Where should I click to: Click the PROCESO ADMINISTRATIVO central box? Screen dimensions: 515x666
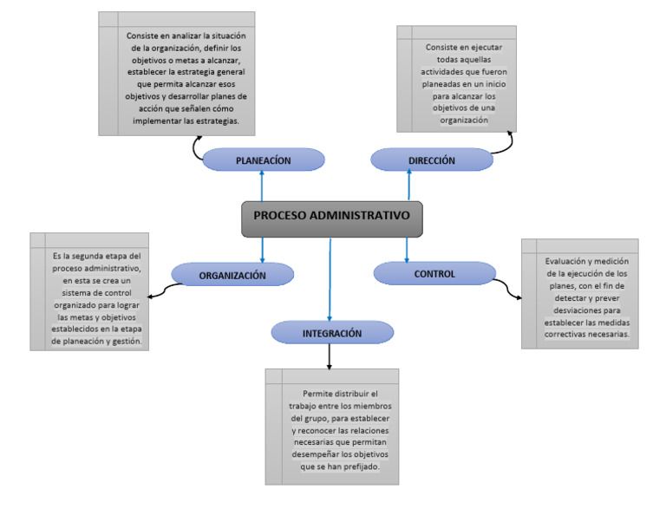pos(332,219)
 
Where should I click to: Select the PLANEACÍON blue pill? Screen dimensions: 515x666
pos(263,160)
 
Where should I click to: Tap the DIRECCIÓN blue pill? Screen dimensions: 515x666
pos(431,160)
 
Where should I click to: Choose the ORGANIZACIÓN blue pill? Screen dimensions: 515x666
pos(232,275)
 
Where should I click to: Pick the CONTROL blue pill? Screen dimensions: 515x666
pos(434,273)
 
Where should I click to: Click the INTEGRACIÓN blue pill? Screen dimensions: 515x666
pos(332,333)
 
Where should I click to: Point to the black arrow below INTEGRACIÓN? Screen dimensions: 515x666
pos(330,355)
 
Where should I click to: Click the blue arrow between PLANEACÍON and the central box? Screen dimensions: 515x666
pos(262,186)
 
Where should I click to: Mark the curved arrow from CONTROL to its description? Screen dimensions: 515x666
pos(509,288)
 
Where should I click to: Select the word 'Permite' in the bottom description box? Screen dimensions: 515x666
pos(318,394)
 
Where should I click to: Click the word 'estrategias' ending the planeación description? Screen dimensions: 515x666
pos(214,121)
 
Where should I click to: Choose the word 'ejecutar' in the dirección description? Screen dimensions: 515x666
pos(492,48)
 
